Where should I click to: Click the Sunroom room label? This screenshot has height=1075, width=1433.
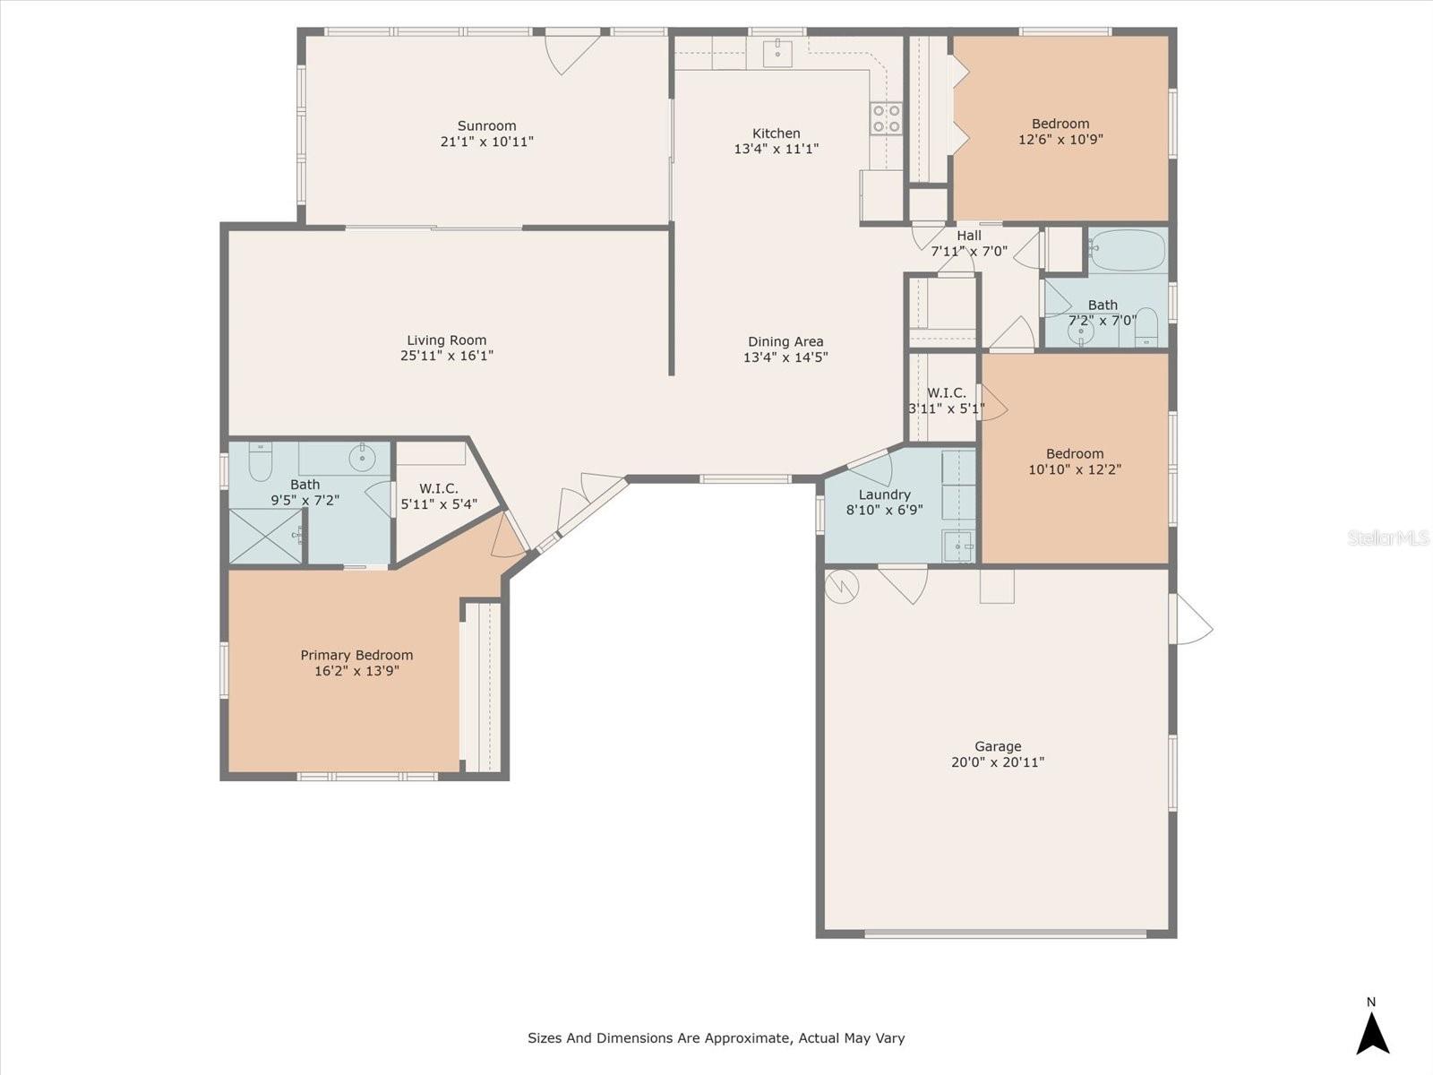click(486, 125)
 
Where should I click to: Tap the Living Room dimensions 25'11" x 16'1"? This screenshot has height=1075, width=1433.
click(447, 356)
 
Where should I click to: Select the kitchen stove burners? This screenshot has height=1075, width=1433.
click(886, 118)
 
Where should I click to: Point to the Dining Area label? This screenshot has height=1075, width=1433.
click(785, 341)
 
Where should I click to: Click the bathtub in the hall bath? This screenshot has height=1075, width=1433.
click(1127, 250)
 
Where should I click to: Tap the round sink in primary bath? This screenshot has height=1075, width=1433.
click(362, 460)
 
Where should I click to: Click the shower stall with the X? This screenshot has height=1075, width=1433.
click(266, 537)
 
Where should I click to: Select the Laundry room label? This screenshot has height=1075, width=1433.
click(884, 494)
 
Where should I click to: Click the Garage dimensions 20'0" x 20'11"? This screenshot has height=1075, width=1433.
click(998, 762)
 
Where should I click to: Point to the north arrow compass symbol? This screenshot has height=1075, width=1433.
click(1372, 1032)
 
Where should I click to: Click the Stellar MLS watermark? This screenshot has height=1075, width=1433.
click(1388, 537)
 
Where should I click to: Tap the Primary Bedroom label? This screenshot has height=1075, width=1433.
click(356, 655)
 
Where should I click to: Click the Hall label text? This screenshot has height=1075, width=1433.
click(969, 236)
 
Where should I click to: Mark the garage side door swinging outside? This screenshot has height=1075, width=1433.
click(1191, 619)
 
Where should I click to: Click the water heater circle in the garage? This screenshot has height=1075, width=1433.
click(842, 587)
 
